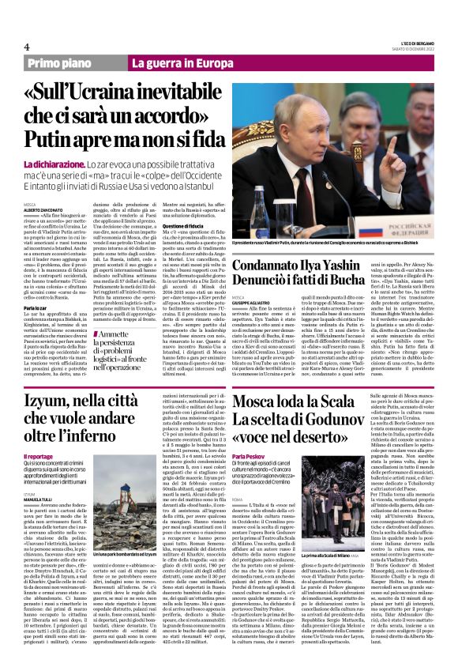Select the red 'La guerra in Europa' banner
(173, 62)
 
